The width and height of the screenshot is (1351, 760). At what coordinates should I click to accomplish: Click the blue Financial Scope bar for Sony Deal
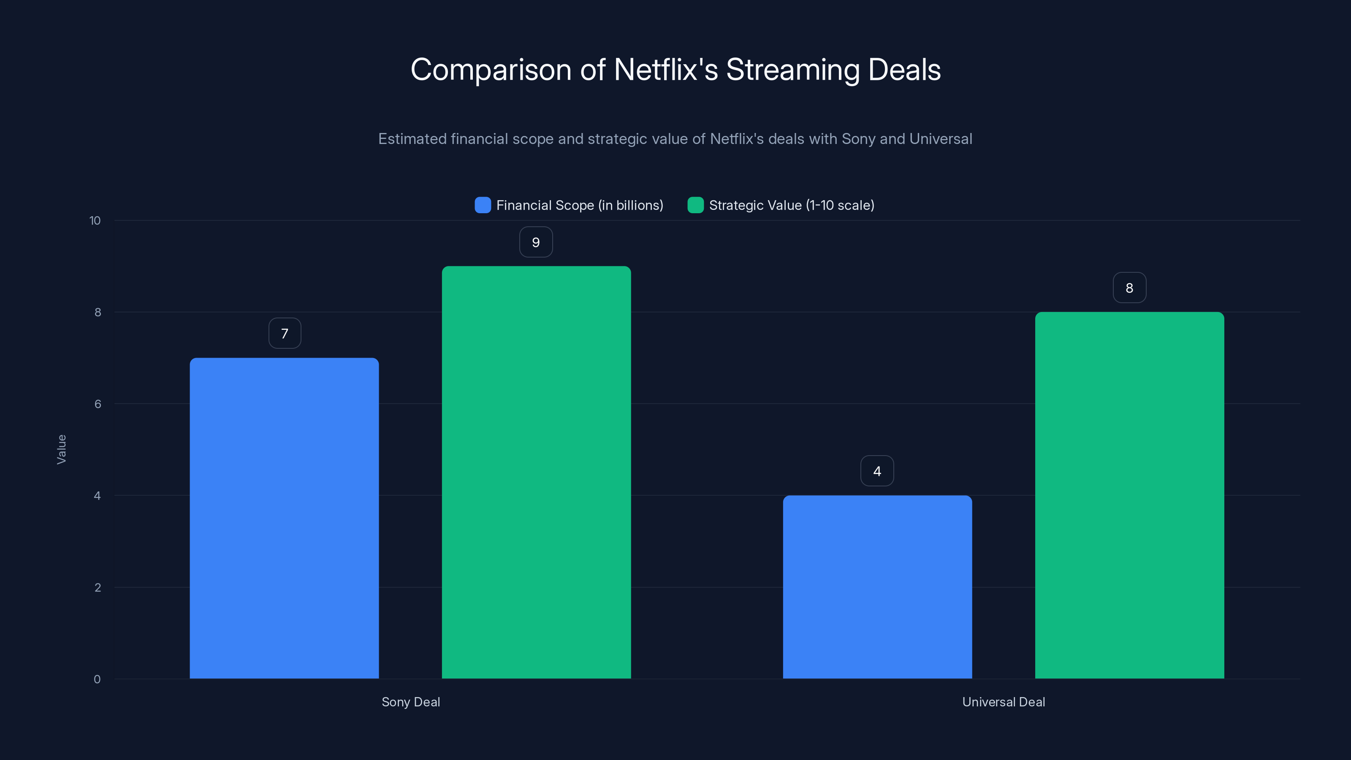(284, 518)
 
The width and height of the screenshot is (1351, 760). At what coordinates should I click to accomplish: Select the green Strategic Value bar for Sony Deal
(536, 472)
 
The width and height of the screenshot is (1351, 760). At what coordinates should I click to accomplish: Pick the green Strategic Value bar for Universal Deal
(1129, 495)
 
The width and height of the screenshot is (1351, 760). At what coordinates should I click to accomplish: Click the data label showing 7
(285, 334)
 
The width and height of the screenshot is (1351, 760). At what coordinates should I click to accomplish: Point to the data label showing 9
(535, 242)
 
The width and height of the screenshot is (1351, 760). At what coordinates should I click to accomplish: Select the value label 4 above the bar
(877, 471)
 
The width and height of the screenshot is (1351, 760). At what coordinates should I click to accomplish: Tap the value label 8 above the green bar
(1129, 288)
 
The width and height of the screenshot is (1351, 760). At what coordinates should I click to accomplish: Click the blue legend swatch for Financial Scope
(483, 205)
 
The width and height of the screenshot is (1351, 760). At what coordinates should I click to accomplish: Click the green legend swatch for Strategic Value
(695, 205)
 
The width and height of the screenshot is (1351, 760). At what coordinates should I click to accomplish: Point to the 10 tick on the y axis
(95, 221)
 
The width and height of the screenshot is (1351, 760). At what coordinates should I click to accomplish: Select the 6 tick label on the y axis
(98, 404)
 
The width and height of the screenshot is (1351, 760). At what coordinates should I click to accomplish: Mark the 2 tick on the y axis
(98, 587)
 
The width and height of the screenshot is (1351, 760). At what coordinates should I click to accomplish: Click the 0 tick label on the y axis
(97, 679)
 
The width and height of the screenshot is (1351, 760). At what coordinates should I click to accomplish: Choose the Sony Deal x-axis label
(411, 702)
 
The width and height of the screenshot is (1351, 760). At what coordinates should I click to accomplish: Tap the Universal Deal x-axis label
(1003, 702)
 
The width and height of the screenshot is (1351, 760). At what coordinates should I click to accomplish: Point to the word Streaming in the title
(792, 70)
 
